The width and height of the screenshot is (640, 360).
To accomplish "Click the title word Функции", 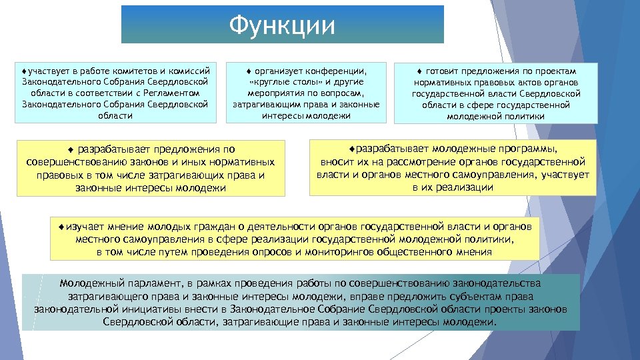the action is tap(281, 25).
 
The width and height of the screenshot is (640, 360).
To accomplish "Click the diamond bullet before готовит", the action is tap(420, 71).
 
